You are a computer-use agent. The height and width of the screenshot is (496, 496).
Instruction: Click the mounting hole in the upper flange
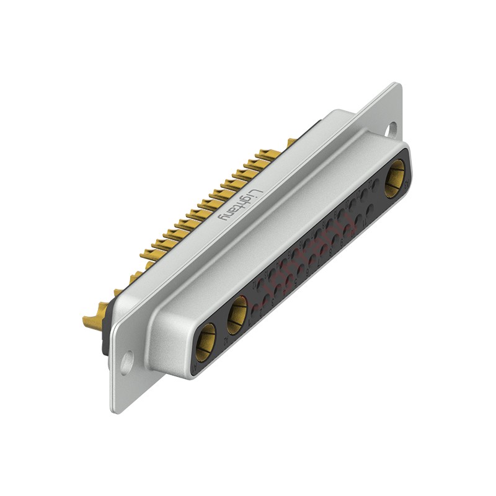pos(392,129)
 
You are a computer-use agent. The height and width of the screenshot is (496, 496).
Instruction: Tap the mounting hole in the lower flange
pos(126,361)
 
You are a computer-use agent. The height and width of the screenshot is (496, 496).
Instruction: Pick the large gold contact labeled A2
pos(237,316)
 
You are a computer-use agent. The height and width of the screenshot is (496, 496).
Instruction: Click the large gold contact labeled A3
pos(394,178)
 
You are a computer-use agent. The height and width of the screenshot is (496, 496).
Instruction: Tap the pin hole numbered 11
pos(370,210)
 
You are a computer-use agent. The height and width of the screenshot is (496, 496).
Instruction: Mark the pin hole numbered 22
pos(375,184)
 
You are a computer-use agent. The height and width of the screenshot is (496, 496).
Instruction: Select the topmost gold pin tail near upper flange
pos(291,142)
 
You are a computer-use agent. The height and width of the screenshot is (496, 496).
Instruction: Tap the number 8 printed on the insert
pos(330,253)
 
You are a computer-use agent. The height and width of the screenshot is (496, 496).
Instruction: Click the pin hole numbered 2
pos(266,299)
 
